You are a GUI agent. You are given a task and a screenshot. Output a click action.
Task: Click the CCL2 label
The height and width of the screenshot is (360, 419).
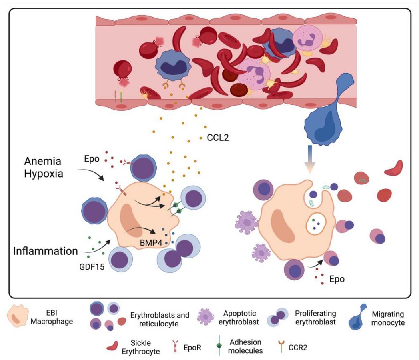pyautogui.click(x=218, y=138)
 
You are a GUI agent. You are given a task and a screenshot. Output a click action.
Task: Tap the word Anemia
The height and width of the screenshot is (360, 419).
pyautogui.click(x=43, y=161)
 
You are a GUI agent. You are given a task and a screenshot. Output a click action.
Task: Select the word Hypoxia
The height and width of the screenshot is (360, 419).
pyautogui.click(x=44, y=174)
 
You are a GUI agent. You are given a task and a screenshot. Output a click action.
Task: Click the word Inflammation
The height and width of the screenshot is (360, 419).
pyautogui.click(x=46, y=251)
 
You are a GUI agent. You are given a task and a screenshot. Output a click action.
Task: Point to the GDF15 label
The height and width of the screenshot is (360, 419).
pyautogui.click(x=92, y=266)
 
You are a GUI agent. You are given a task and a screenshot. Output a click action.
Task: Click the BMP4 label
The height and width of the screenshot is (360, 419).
pyautogui.click(x=151, y=243)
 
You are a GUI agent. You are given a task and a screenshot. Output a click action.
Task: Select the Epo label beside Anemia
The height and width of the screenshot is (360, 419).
pyautogui.click(x=92, y=159)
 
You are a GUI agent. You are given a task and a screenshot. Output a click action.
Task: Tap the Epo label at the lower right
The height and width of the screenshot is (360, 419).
pyautogui.click(x=337, y=279)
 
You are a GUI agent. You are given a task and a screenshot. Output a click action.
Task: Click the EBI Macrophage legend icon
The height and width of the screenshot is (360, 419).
pyautogui.click(x=18, y=316)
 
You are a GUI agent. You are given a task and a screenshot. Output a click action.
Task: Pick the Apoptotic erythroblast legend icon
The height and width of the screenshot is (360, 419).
pyautogui.click(x=205, y=317)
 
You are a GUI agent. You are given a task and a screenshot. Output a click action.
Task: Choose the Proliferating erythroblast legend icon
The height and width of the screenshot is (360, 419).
pyautogui.click(x=278, y=317)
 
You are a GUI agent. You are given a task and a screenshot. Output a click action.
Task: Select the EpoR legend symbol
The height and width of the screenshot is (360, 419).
pyautogui.click(x=175, y=346)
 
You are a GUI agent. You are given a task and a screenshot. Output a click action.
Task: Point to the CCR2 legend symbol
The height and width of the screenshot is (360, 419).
pyautogui.click(x=281, y=347)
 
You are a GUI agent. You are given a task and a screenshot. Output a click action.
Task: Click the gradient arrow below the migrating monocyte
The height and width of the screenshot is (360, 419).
pyautogui.click(x=310, y=159)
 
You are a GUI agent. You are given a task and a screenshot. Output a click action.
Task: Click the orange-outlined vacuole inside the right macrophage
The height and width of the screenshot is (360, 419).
pyautogui.click(x=316, y=224)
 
